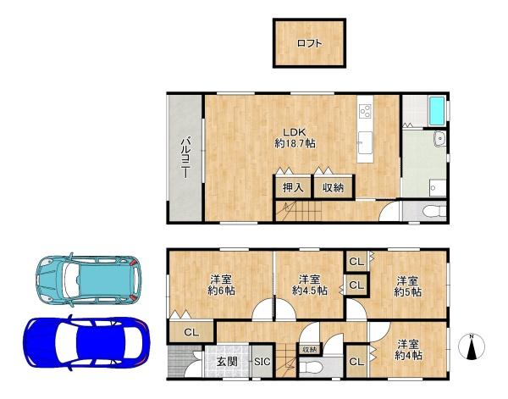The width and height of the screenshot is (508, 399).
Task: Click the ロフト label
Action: tap(308, 44)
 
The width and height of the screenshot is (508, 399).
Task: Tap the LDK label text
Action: tap(294, 131)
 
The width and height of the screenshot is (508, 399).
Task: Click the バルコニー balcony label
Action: tap(183, 157)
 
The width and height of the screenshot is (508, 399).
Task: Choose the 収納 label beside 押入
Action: tap(333, 187)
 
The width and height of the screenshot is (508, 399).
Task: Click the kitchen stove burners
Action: tap(366, 111)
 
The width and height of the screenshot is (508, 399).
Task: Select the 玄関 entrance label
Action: tap(227, 363)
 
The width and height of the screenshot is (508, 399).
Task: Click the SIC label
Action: tap(262, 363)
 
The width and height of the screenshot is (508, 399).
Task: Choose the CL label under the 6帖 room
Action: tap(191, 332)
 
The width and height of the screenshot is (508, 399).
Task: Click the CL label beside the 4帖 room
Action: tap(356, 363)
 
